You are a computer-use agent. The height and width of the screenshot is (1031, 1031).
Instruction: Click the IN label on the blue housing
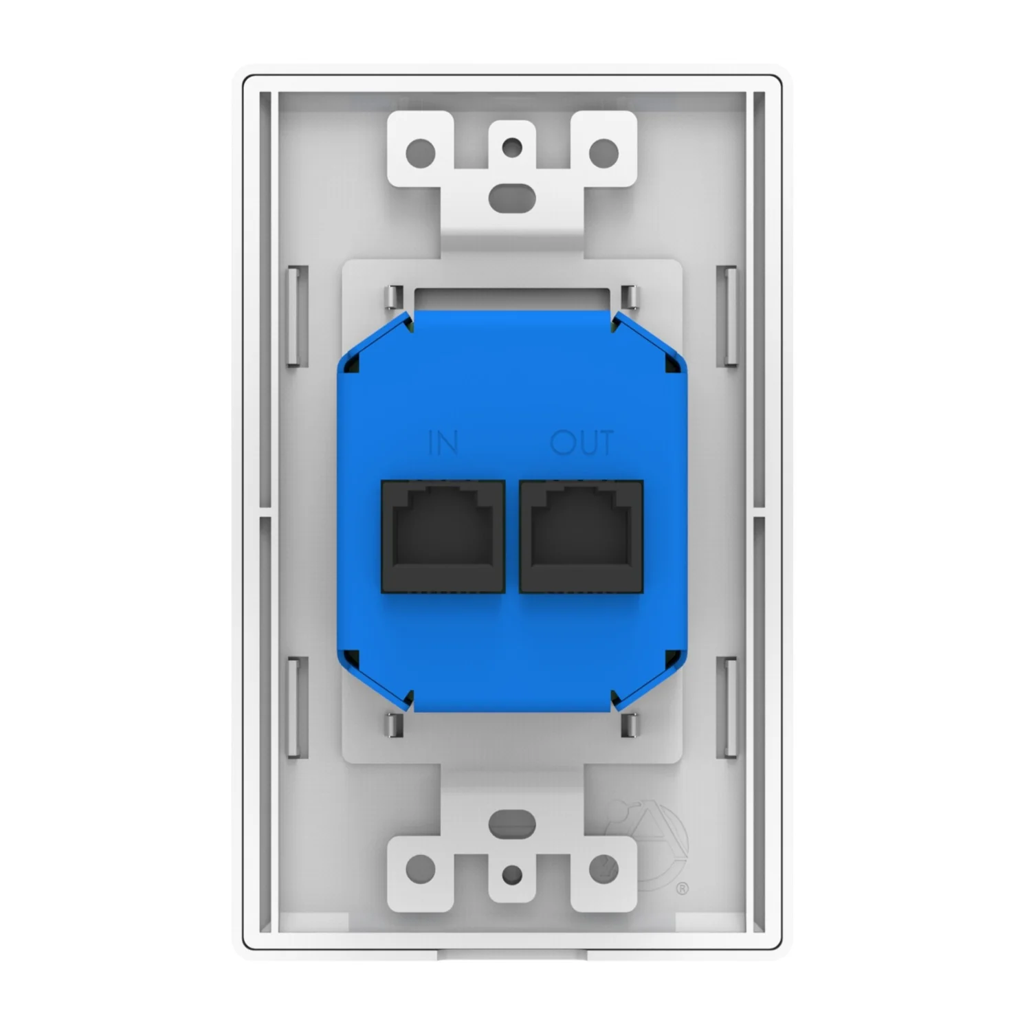tap(443, 443)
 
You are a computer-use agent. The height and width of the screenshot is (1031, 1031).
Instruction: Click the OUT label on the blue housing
tap(581, 443)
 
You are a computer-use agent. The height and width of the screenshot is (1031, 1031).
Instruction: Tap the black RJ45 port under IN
tap(443, 536)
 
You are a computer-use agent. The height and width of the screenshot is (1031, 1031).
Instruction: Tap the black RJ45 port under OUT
tap(581, 536)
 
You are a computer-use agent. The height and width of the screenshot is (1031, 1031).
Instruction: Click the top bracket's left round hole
tap(422, 151)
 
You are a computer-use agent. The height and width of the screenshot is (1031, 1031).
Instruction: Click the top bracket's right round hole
tap(604, 151)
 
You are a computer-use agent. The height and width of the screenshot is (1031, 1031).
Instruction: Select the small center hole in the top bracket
tap(512, 146)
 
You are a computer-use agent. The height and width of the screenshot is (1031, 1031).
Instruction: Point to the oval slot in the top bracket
tap(512, 193)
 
